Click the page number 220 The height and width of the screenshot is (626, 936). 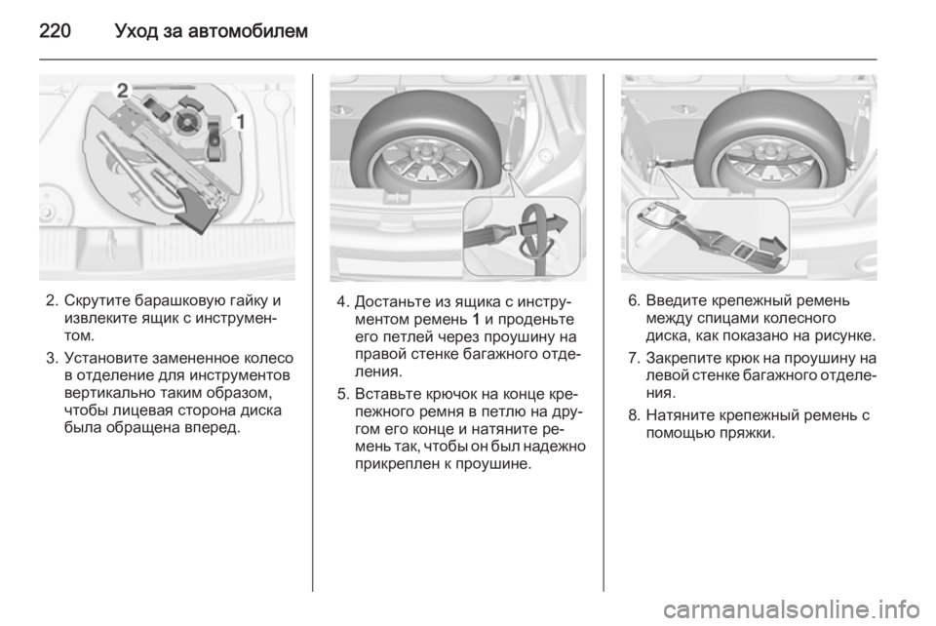(x=55, y=30)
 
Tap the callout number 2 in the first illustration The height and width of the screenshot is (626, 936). (x=123, y=91)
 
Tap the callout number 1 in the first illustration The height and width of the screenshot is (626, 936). (x=240, y=122)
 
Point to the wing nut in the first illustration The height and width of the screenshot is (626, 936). (x=186, y=121)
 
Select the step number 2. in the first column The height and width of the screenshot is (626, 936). (x=53, y=300)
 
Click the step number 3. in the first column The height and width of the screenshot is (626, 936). (x=53, y=358)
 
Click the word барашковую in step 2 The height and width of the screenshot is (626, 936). (x=175, y=300)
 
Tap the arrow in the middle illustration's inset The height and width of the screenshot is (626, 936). (x=544, y=225)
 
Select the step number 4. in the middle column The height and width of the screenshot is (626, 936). (x=343, y=301)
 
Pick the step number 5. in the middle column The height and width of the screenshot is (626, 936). (x=343, y=395)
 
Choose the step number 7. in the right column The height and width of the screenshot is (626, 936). (x=635, y=359)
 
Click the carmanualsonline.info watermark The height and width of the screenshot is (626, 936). (x=791, y=609)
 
